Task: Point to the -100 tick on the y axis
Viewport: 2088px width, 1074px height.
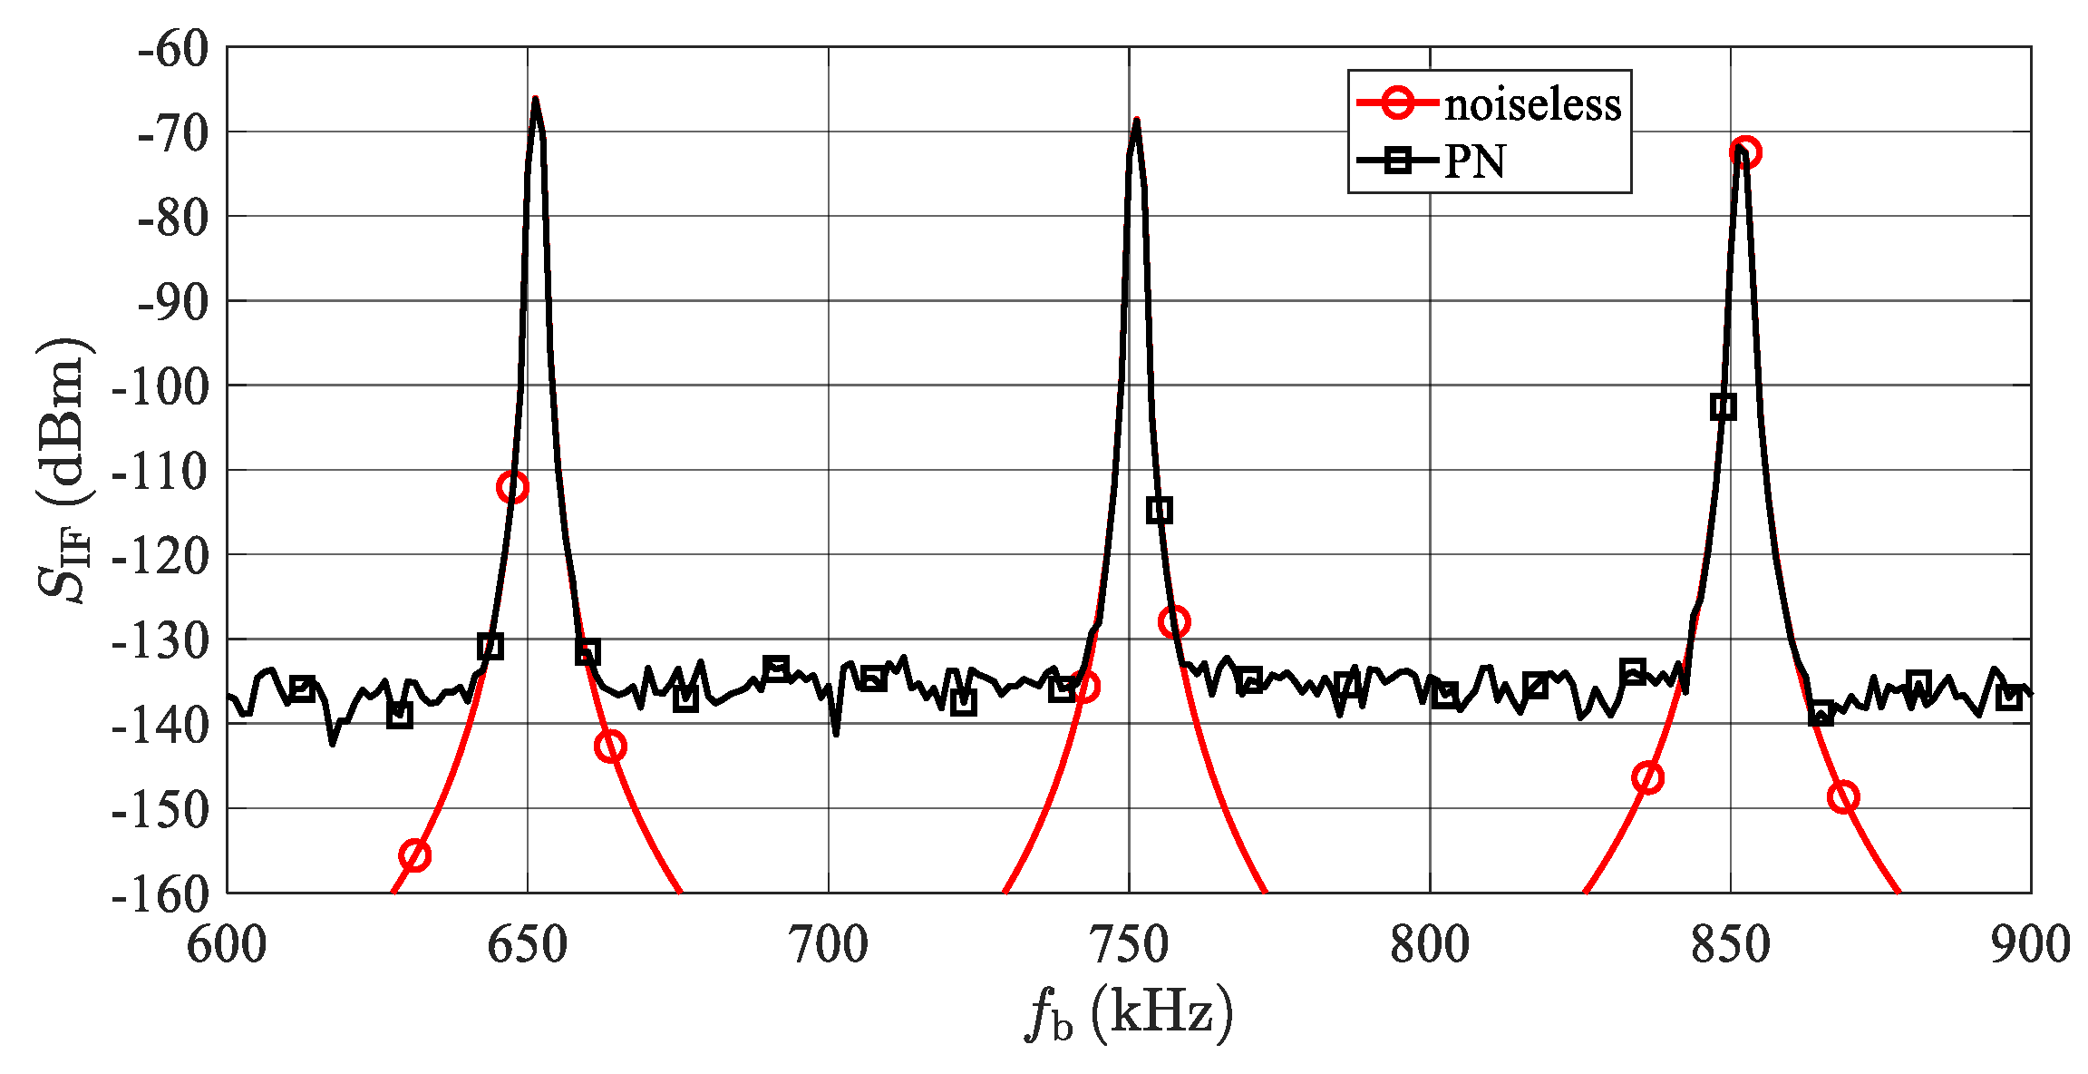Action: [159, 386]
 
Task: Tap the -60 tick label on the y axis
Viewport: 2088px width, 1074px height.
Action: [172, 48]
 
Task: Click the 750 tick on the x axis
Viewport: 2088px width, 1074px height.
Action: [1129, 944]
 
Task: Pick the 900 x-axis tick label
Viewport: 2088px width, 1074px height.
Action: [2030, 944]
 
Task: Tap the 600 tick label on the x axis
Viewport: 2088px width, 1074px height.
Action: [227, 944]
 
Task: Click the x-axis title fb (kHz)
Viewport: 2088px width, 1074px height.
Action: [1129, 1013]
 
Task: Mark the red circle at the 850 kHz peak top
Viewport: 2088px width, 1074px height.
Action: [1744, 152]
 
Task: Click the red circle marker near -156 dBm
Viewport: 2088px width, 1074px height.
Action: [414, 855]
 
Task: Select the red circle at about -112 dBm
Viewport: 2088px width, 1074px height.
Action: [512, 487]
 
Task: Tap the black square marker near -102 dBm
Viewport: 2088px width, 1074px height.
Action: [1723, 406]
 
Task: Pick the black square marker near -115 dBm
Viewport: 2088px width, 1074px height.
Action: [1159, 511]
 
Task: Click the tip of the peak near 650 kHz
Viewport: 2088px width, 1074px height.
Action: [535, 99]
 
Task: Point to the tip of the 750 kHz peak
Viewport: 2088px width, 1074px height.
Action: [1136, 120]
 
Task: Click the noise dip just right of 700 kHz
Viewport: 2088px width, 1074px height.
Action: [835, 733]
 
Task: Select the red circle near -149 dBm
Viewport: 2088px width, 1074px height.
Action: [1843, 797]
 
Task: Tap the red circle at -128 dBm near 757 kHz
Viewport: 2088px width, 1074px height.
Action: [1173, 622]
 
